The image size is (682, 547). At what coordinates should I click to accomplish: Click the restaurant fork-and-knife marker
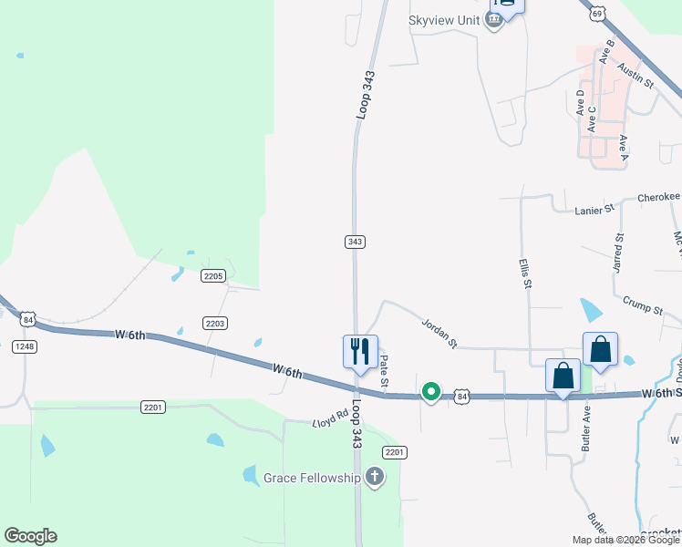[x=360, y=351]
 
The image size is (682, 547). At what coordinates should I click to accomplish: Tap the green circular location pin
[x=430, y=392]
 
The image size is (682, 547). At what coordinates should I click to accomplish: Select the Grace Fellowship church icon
[x=374, y=476]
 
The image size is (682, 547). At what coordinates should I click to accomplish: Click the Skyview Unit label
[x=444, y=21]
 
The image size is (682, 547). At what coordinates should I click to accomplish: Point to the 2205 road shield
[x=213, y=275]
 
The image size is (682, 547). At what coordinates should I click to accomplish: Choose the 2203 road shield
[x=215, y=323]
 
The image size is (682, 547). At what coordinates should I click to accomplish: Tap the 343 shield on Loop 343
[x=356, y=242]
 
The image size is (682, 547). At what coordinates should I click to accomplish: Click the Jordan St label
[x=439, y=333]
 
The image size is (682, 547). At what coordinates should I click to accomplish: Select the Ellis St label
[x=525, y=273]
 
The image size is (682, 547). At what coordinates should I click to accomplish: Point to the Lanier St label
[x=595, y=211]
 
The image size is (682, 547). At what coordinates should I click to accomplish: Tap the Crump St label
[x=644, y=305]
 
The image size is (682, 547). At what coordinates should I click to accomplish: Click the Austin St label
[x=635, y=75]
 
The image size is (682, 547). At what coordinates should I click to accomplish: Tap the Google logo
[x=30, y=536]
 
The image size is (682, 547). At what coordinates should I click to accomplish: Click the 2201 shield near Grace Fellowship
[x=394, y=452]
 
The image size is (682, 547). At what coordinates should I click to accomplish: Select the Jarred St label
[x=618, y=252]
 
